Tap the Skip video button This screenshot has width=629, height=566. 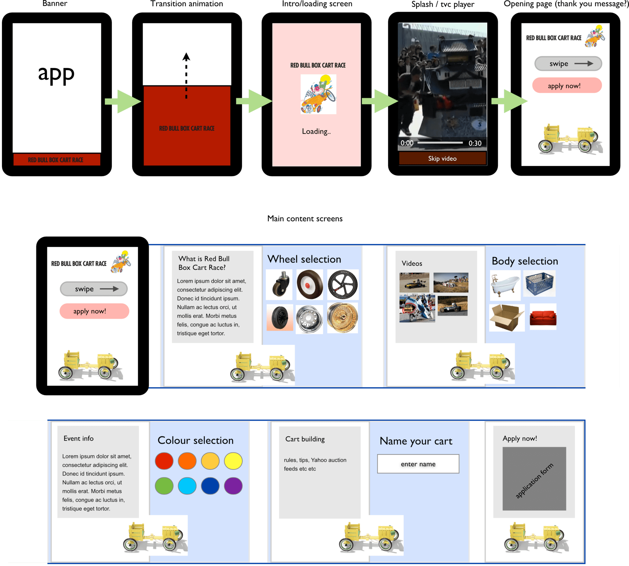(442, 159)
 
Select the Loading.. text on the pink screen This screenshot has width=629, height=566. (316, 131)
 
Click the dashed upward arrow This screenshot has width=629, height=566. (186, 76)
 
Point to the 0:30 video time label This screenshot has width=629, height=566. (475, 143)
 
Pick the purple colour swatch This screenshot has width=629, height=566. (233, 486)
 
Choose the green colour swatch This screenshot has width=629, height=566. (164, 486)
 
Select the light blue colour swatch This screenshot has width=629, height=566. (187, 486)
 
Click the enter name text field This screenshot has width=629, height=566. (418, 464)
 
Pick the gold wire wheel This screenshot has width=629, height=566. (342, 317)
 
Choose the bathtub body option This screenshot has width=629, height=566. (505, 285)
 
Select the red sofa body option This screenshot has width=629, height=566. (543, 317)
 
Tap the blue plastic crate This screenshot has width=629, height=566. (540, 283)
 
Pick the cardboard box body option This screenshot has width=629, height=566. (507, 317)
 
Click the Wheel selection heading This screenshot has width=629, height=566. (304, 259)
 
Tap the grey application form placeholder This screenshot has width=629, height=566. (534, 479)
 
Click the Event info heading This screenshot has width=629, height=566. (78, 438)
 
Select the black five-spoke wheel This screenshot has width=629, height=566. (343, 285)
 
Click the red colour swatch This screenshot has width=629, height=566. (164, 461)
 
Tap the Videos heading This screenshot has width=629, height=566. (412, 263)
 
